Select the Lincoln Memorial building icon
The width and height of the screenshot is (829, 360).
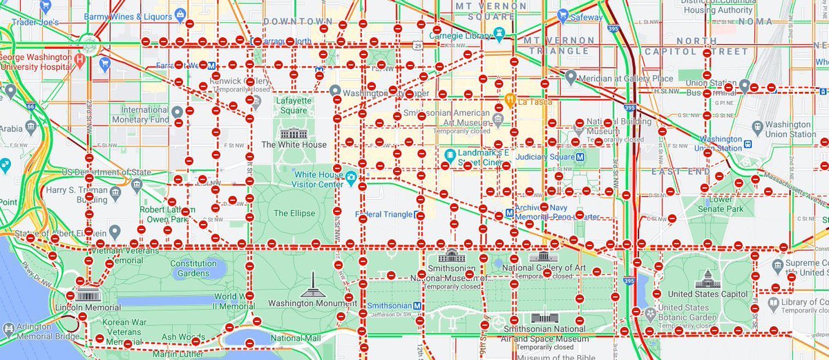point(88,296)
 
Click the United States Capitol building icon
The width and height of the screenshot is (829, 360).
point(707,279)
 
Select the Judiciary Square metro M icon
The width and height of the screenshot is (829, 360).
point(580,156)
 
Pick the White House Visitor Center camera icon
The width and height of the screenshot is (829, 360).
point(351,178)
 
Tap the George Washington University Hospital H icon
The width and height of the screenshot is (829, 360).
point(82,61)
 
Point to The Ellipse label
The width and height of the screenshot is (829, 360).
point(294,213)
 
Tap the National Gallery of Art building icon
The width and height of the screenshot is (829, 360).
point(539,256)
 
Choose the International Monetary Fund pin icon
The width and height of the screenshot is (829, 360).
point(178,112)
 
